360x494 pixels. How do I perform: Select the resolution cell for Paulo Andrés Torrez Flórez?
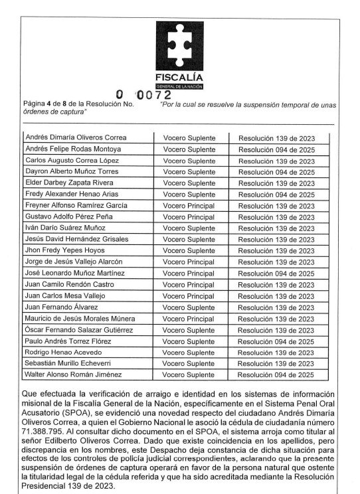(276, 341)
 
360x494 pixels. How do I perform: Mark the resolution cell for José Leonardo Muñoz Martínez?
(276, 273)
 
